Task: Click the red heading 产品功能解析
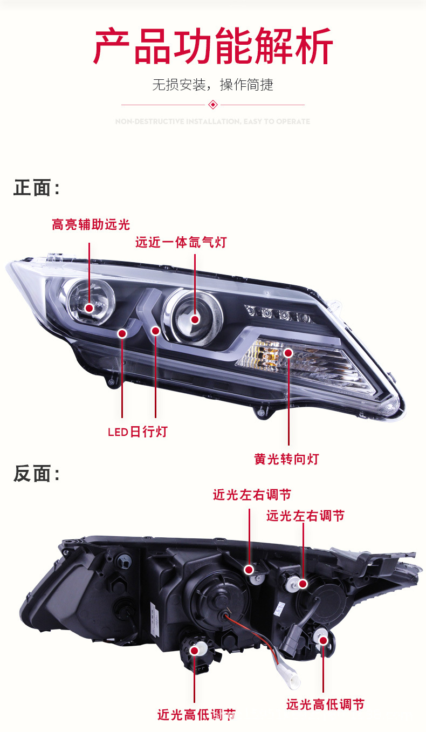coord(213,47)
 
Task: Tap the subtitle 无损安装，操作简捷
coord(213,85)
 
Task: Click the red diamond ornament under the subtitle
coord(213,105)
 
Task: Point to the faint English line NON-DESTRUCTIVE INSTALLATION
coord(213,121)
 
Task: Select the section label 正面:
coord(36,188)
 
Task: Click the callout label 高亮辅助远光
coord(91,224)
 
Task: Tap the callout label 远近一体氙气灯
coord(181,243)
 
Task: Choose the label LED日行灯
coord(138,432)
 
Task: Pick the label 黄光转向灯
coord(286,459)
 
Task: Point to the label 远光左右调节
coord(305,516)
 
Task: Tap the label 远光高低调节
coord(325,704)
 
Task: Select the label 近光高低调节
coord(197,715)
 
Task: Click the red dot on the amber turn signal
coord(288,353)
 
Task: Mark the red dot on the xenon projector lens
coord(195,319)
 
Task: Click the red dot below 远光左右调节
coord(303,583)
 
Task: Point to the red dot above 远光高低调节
coord(324,640)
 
